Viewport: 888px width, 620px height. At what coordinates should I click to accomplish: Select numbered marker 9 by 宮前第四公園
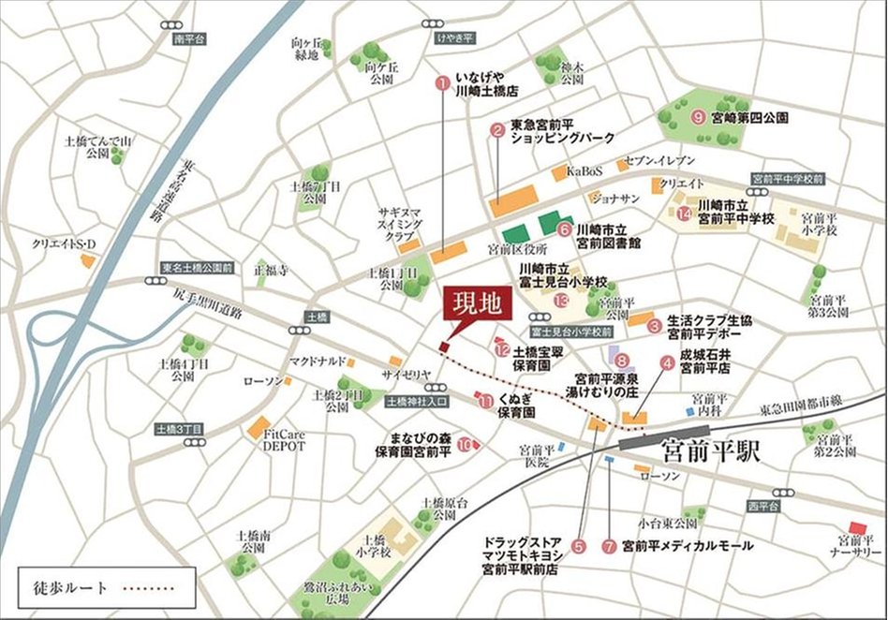[x=697, y=118]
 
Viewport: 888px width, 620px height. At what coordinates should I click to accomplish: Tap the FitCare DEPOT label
[x=284, y=440]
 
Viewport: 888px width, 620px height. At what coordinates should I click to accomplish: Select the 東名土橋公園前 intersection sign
[x=196, y=267]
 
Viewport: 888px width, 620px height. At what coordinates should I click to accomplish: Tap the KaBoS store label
[x=585, y=171]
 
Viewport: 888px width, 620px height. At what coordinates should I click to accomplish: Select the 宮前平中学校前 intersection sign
[x=788, y=178]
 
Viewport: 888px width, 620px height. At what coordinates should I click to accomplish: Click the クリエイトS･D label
[x=65, y=244]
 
